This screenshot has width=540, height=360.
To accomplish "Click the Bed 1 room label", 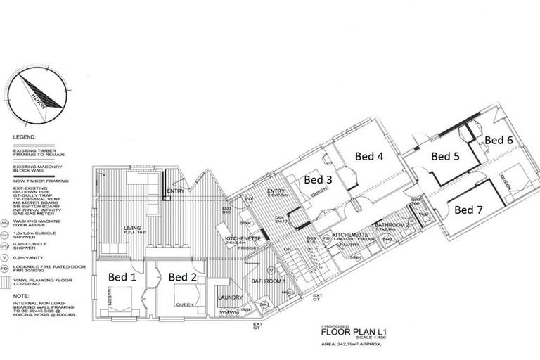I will click(122, 277).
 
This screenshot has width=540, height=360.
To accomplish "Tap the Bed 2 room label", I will click(182, 277).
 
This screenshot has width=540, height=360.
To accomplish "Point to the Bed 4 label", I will click(368, 156).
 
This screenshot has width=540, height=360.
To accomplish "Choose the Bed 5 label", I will click(445, 156).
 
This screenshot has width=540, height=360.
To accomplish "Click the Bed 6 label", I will click(499, 140).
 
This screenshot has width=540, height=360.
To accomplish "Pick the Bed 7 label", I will click(469, 209).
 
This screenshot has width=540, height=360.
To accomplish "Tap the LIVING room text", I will click(132, 228).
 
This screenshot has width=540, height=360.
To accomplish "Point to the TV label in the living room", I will click(102, 174).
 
